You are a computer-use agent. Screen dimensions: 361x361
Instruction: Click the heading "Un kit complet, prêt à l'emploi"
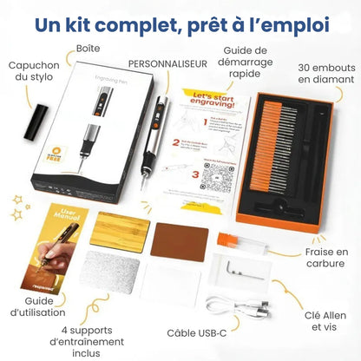click(180, 23)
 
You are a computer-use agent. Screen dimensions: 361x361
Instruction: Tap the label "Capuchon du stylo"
click(33, 72)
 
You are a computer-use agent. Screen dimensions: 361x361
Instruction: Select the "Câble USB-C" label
click(198, 331)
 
